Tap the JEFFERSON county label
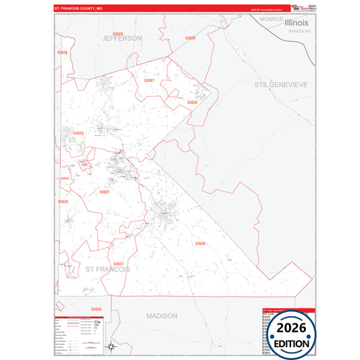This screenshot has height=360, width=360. [x=122, y=38]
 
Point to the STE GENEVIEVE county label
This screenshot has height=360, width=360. [x=281, y=85]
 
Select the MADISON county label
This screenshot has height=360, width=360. [x=162, y=315]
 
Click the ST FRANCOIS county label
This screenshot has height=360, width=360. [x=108, y=269]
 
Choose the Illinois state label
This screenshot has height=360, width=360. [x=296, y=22]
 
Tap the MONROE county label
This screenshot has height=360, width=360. [x=271, y=20]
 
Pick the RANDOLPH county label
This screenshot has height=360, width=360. [x=298, y=31]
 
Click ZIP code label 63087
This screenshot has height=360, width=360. [x=149, y=80]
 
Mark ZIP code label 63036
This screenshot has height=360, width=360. [x=192, y=102]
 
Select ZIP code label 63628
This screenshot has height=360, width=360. [x=79, y=133]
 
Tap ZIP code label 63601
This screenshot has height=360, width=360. [x=105, y=191]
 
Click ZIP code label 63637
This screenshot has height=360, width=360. [x=118, y=263]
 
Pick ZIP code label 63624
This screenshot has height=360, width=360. [x=63, y=201]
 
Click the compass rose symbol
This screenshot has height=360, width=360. [x=113, y=348]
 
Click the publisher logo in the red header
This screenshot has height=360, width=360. [x=296, y=8]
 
